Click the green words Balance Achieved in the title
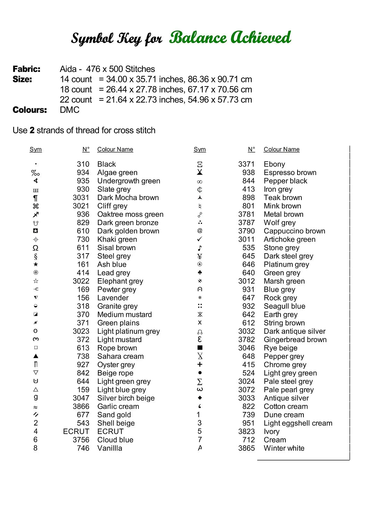tap(230, 38)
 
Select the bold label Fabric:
tap(26, 69)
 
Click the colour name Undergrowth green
tap(128, 181)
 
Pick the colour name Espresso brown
tap(290, 173)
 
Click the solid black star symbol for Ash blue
tap(36, 264)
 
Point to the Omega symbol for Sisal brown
tap(35, 248)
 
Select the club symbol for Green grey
tap(200, 273)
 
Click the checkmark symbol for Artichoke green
tap(200, 239)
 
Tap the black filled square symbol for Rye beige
tap(200, 348)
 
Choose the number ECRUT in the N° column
tap(76, 431)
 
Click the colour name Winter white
tap(284, 448)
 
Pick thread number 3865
tap(246, 448)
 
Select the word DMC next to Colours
tap(69, 110)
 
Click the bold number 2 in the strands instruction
tap(32, 131)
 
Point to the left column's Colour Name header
tap(115, 149)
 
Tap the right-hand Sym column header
tap(200, 149)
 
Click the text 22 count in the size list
tap(76, 100)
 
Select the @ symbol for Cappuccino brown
tap(200, 231)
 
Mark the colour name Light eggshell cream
tap(298, 423)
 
